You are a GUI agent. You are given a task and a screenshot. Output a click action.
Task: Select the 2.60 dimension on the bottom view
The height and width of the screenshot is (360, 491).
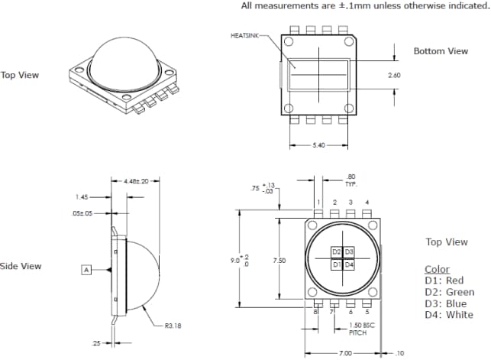click(x=394, y=76)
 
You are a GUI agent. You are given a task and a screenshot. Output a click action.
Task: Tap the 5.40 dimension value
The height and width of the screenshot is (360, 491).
click(x=318, y=144)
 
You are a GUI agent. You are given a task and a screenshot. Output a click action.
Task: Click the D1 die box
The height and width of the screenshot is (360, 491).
click(x=336, y=264)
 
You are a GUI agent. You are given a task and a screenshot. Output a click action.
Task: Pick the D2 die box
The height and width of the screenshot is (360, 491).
click(x=336, y=251)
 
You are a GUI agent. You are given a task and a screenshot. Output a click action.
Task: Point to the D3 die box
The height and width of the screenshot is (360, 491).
click(x=349, y=251)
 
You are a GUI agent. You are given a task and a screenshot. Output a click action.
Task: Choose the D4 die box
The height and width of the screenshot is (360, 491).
click(x=349, y=264)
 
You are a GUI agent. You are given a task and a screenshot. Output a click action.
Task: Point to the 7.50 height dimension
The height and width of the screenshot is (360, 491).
click(x=280, y=261)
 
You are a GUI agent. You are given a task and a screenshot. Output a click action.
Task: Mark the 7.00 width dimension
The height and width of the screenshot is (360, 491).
click(x=346, y=353)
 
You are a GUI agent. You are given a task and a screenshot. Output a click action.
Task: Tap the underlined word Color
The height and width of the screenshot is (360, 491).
click(x=438, y=269)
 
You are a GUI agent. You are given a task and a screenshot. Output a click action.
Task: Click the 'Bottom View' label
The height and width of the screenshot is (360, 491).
click(x=441, y=51)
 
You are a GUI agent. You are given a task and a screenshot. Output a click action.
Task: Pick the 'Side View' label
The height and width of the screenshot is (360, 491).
click(x=21, y=266)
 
